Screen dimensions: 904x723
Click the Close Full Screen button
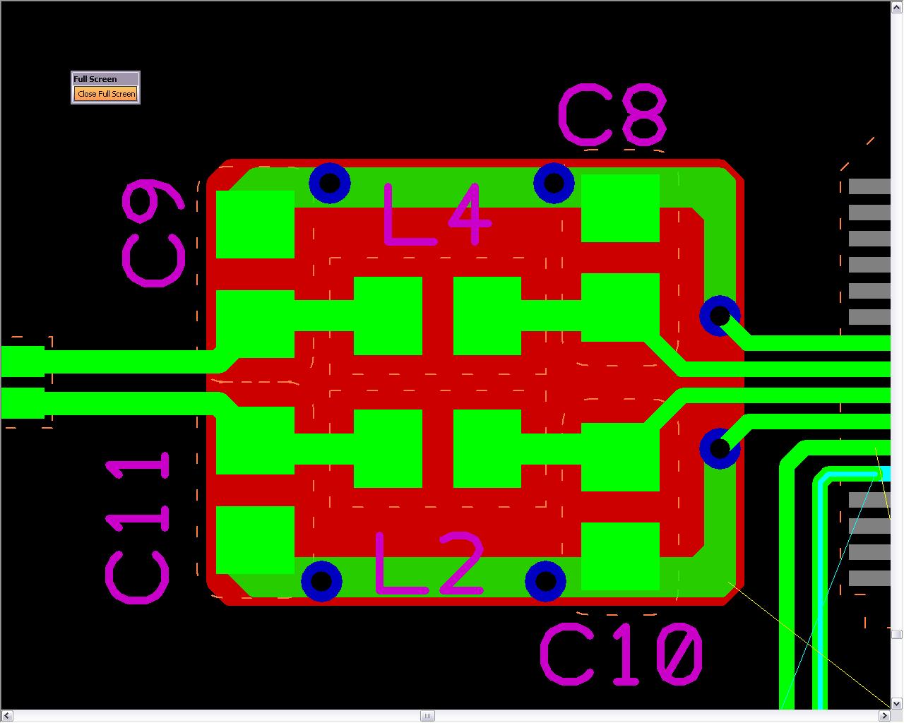tap(106, 94)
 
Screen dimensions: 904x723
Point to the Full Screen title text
tap(95, 79)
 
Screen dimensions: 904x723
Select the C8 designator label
tap(612, 115)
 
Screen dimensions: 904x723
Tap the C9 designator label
tap(153, 233)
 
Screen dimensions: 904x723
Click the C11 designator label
tap(137, 527)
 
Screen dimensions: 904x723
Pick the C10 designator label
tap(621, 655)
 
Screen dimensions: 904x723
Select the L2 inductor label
tap(429, 563)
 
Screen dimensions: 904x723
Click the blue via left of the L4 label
tap(330, 183)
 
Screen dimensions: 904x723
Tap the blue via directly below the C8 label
tap(554, 183)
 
